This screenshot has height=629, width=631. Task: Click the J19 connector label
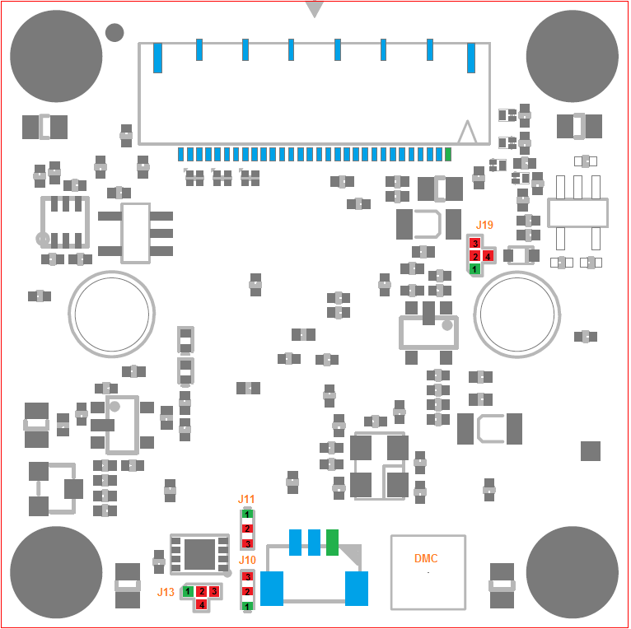tap(484, 225)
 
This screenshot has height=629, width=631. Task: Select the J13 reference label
tap(166, 592)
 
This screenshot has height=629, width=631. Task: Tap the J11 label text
tap(246, 499)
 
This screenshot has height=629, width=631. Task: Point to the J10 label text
tap(247, 560)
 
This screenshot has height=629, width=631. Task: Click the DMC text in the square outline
tap(426, 558)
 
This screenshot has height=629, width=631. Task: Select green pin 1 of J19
tap(474, 268)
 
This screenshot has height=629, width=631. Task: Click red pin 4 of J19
tap(488, 256)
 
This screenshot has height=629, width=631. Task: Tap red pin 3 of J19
tap(475, 243)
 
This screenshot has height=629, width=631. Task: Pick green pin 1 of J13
tap(188, 592)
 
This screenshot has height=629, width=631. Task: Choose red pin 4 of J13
tap(202, 604)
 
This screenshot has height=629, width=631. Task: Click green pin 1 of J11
tap(247, 514)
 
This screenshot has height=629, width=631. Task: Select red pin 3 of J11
tap(247, 544)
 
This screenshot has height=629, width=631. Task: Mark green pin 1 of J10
tap(247, 606)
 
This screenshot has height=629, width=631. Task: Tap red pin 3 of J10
tap(247, 576)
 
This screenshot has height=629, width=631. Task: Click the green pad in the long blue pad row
tap(448, 155)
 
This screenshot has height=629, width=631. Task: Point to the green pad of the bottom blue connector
tap(332, 543)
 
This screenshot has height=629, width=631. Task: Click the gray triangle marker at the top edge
tap(315, 9)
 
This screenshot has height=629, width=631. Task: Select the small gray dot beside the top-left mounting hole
tap(115, 33)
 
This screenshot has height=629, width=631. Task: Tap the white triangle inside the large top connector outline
tap(467, 132)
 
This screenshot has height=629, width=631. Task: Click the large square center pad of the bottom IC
tap(199, 555)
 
